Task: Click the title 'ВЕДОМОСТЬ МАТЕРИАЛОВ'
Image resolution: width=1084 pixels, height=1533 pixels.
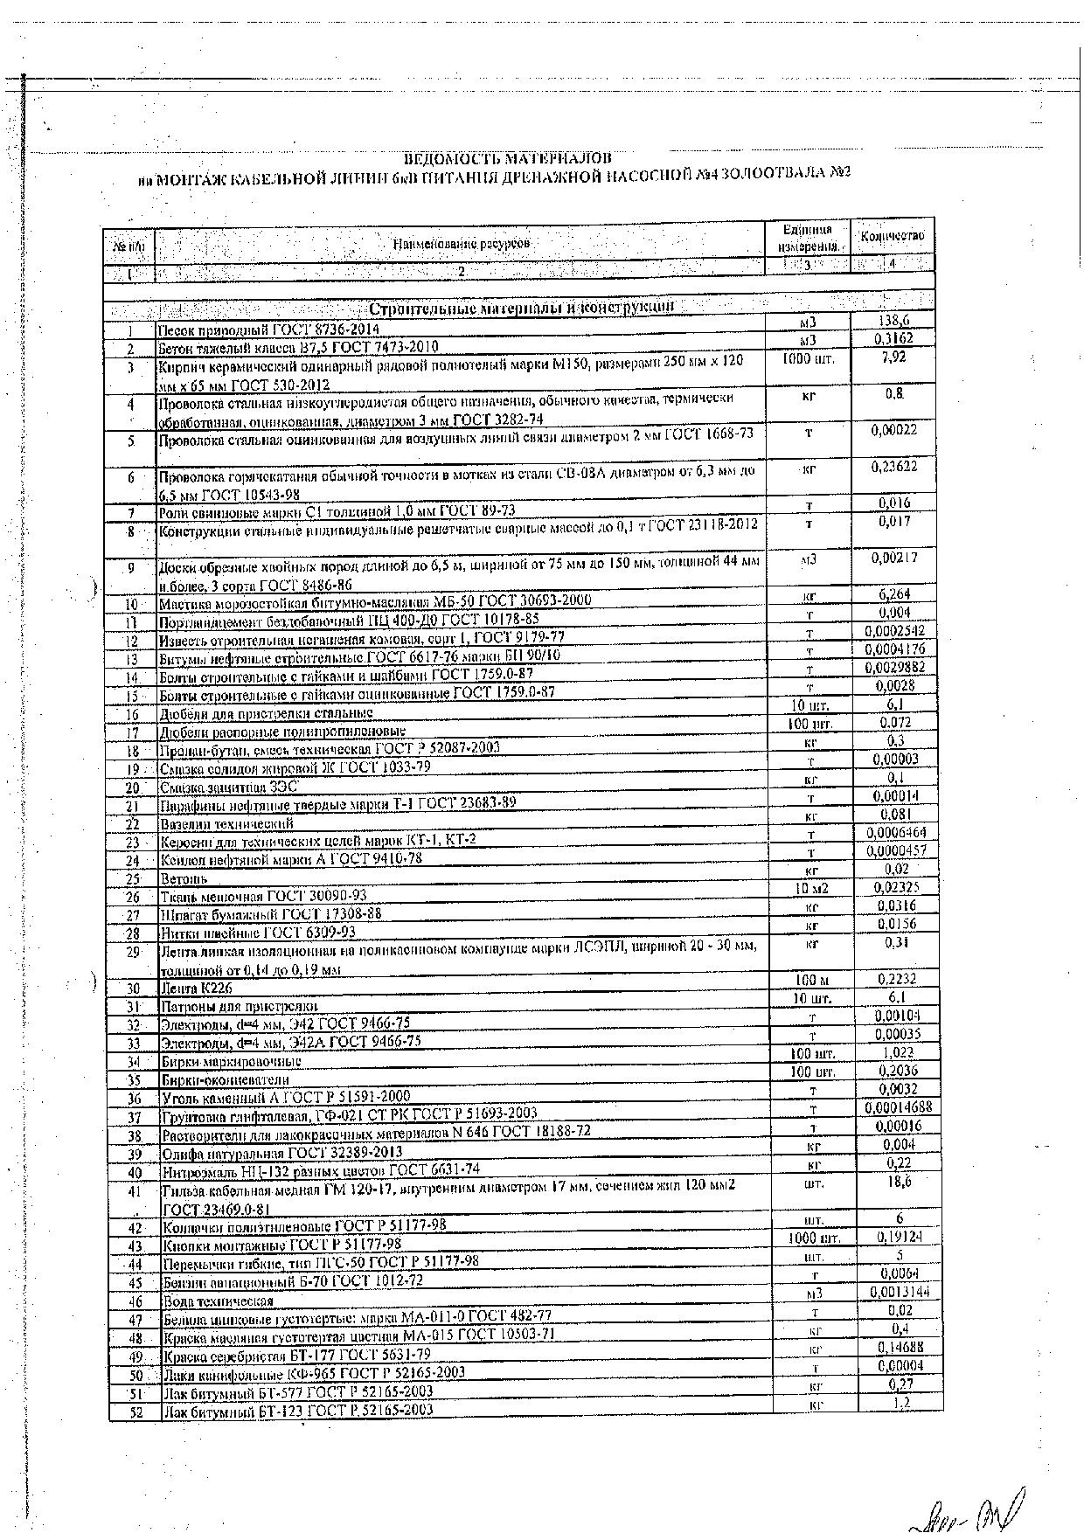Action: click(507, 158)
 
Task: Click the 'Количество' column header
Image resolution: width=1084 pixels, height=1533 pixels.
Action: click(892, 236)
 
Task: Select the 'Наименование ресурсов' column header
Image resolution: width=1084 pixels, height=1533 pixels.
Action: click(461, 244)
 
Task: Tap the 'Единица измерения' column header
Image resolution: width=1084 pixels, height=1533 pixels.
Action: click(808, 237)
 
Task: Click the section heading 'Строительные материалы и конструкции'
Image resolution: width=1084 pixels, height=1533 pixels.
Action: click(522, 308)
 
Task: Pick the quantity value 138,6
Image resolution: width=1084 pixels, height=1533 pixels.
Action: click(893, 322)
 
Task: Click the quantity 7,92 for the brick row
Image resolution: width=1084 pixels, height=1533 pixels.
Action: click(893, 357)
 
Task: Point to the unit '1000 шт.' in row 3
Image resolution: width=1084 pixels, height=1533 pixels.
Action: click(809, 358)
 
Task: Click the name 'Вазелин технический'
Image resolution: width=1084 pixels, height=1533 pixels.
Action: click(226, 823)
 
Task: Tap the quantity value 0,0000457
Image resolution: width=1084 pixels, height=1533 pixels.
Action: click(895, 850)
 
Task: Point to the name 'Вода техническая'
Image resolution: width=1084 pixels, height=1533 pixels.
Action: click(219, 1301)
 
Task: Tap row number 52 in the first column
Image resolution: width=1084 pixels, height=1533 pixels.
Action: click(135, 1410)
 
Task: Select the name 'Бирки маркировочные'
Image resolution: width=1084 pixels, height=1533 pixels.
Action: click(232, 1061)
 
